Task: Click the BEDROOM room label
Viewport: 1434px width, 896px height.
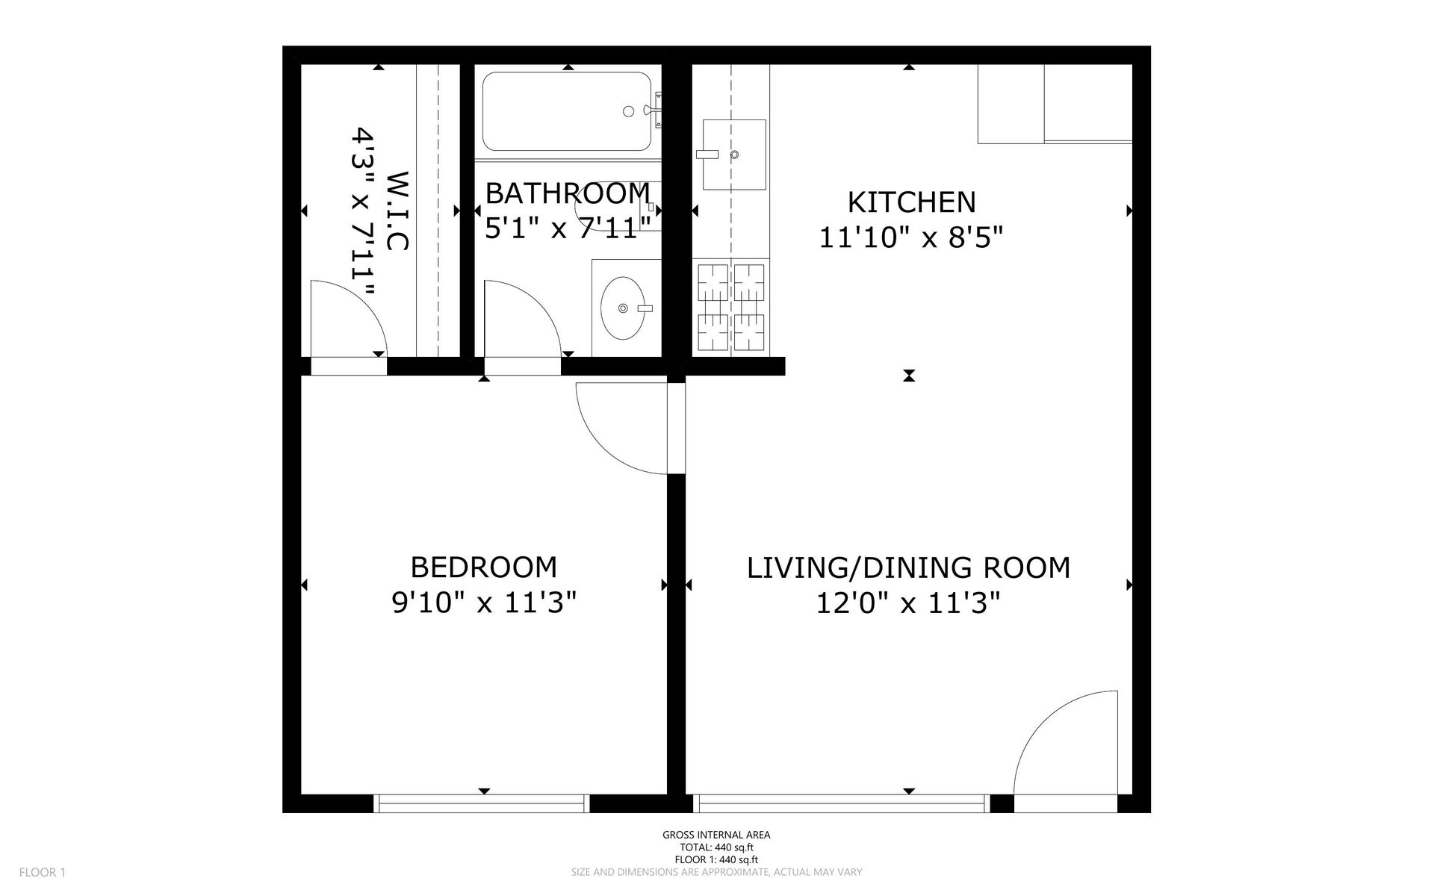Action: [484, 567]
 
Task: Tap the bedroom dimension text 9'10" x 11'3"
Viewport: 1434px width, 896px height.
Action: [484, 602]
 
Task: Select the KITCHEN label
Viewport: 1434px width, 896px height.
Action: [911, 202]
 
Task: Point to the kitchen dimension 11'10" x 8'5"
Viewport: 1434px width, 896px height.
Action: [910, 237]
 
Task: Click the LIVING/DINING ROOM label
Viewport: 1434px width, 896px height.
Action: [908, 567]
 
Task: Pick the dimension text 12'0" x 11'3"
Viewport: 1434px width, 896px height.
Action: [907, 602]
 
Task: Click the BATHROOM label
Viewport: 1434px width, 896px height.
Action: [568, 193]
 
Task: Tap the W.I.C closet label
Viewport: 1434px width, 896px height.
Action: [397, 211]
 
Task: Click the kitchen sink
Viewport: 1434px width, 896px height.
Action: [734, 155]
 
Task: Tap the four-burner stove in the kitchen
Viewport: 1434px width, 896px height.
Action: [731, 308]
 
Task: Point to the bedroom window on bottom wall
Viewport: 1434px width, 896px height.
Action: [482, 803]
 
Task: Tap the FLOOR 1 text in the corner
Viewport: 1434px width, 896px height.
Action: [43, 872]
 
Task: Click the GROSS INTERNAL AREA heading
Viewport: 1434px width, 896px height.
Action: [716, 835]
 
